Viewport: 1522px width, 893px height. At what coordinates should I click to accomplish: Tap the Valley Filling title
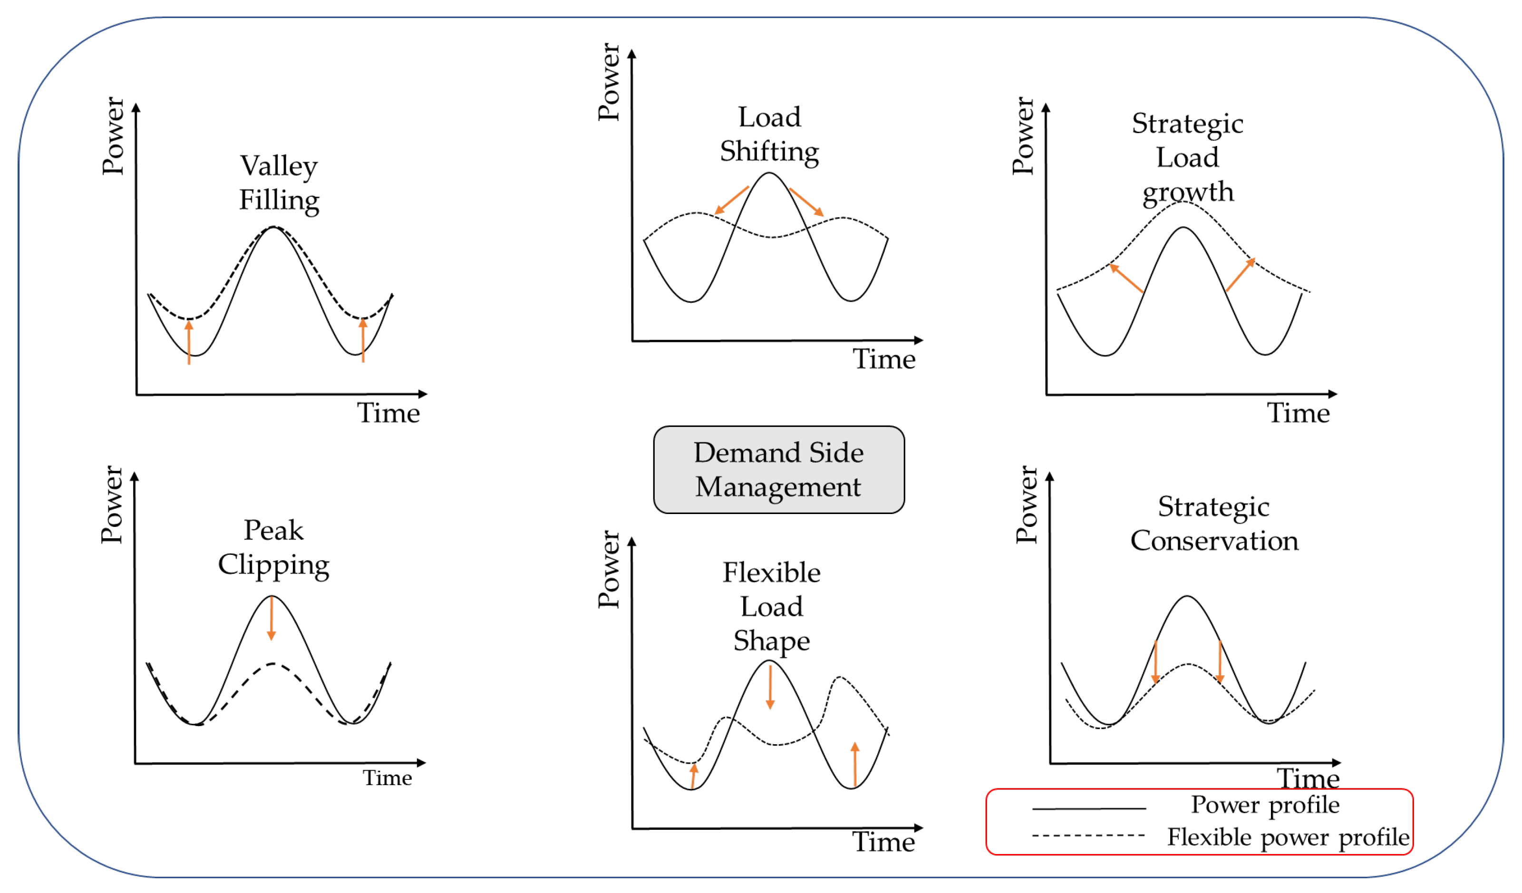tap(279, 183)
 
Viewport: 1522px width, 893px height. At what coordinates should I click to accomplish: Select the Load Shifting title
tap(769, 134)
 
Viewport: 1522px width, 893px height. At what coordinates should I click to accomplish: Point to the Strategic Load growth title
tap(1187, 157)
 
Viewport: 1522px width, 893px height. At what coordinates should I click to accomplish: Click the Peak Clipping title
tap(273, 547)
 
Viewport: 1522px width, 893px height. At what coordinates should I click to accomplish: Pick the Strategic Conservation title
tap(1214, 523)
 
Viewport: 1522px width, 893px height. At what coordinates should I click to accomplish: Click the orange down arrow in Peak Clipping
tap(271, 618)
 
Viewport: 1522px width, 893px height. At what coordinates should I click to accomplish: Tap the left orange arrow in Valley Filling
tap(189, 342)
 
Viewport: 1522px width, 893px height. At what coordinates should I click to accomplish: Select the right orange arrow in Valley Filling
tap(363, 340)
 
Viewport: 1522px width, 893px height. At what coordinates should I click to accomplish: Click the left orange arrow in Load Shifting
tap(731, 200)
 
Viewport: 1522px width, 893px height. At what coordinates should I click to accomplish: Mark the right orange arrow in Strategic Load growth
tap(1241, 275)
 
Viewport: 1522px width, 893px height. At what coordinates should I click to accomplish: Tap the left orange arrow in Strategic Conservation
tap(1155, 662)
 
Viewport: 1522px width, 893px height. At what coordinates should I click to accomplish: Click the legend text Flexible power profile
tap(1288, 837)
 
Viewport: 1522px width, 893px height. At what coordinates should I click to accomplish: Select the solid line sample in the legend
tap(1089, 808)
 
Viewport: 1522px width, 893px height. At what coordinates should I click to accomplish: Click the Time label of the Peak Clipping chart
tap(387, 778)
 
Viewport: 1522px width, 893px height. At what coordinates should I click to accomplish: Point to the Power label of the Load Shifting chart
tap(608, 82)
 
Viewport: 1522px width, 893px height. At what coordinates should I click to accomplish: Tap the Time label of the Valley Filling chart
tap(388, 413)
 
